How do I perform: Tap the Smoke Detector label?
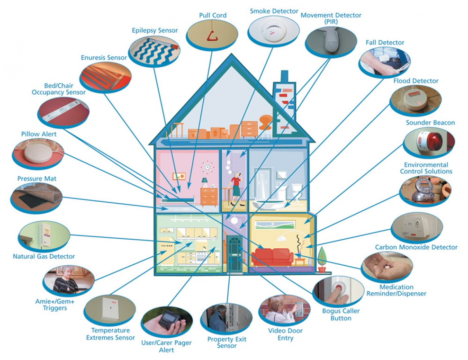(x=274, y=11)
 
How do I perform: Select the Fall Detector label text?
(x=385, y=43)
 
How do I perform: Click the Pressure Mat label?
(x=37, y=179)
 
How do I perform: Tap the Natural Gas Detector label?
(x=44, y=256)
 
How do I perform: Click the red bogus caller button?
(x=339, y=288)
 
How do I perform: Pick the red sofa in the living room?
(x=272, y=257)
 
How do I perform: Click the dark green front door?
(x=234, y=253)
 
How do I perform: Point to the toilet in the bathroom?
(x=297, y=191)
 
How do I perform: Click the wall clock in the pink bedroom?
(x=207, y=168)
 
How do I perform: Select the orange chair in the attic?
(x=265, y=122)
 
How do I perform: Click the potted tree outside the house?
(x=322, y=260)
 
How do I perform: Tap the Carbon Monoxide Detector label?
(x=416, y=247)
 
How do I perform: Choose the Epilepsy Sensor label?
(x=154, y=30)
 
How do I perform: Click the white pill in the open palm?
(x=387, y=268)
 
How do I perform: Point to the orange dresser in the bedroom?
(x=209, y=197)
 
